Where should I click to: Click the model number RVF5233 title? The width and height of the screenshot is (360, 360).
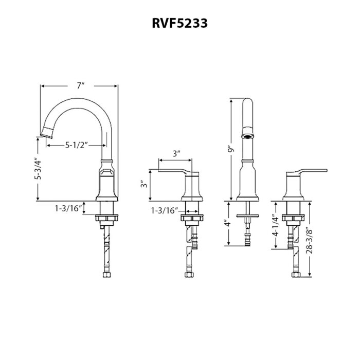179,24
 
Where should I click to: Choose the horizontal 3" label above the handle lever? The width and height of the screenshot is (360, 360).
177,153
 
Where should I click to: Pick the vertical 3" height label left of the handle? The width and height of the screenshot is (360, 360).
145,184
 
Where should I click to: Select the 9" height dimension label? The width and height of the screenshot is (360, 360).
232,149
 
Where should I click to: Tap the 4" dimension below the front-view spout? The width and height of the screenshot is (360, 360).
227,224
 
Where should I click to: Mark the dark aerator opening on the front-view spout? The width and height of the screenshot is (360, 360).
248,136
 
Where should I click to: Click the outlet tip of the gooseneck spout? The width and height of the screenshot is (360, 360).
47,134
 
